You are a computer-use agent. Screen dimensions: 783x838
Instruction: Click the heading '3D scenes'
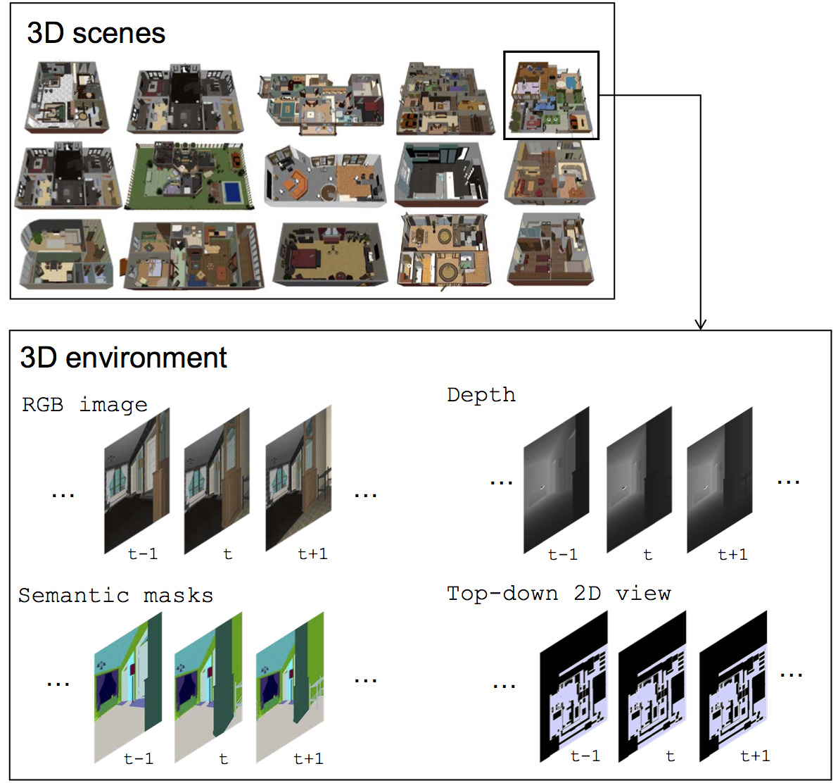[x=96, y=33]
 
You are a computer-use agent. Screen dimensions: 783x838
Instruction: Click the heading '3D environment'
[x=123, y=358]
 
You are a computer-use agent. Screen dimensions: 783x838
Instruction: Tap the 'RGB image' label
[x=84, y=405]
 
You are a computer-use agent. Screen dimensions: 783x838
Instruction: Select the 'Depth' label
[x=481, y=395]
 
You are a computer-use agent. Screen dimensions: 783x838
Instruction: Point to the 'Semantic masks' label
[x=115, y=596]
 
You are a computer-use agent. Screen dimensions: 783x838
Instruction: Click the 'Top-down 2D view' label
[x=559, y=594]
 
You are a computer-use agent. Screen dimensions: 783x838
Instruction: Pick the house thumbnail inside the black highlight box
[x=551, y=96]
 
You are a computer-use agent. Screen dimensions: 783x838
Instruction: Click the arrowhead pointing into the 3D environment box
[x=700, y=325]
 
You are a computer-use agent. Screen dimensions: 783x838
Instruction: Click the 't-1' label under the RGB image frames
[x=143, y=554]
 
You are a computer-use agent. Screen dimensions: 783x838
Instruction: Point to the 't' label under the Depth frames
[x=647, y=555]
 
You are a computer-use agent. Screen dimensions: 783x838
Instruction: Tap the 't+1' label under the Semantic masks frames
[x=308, y=758]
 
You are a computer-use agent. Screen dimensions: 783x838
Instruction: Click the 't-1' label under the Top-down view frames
[x=585, y=756]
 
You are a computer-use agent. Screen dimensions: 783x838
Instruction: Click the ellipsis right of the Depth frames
[x=788, y=482]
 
